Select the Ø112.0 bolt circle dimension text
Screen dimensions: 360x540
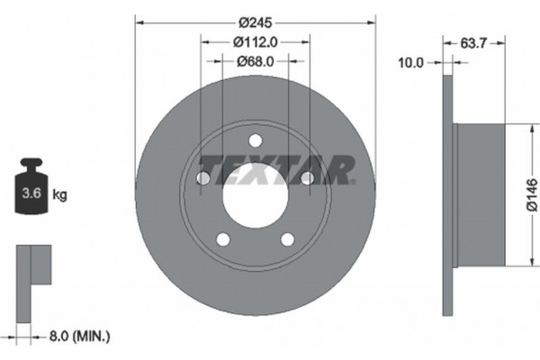255,41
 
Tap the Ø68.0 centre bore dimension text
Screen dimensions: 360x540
255,60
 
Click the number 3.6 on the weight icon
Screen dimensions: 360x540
30,193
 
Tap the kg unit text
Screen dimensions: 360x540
60,193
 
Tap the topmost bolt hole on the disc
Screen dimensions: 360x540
255,140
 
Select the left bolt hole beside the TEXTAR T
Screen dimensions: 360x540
203,178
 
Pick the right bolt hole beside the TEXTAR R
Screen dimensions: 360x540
307,178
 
